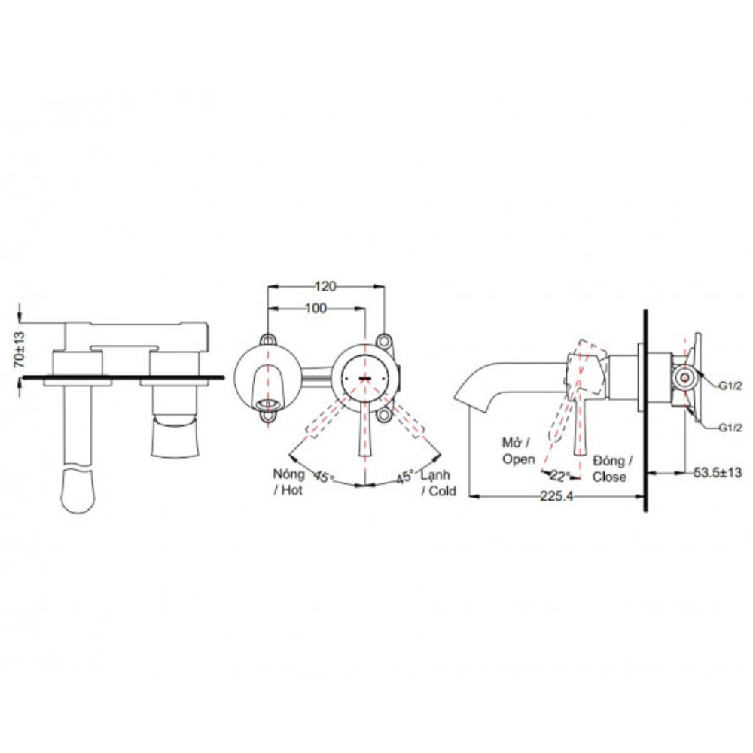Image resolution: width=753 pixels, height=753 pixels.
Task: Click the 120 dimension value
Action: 325,286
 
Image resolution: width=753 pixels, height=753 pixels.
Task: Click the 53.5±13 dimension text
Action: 718,472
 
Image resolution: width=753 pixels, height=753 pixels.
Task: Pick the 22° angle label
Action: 559,475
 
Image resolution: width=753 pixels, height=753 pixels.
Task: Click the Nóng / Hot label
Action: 289,483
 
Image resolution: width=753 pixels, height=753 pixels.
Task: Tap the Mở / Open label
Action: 519,450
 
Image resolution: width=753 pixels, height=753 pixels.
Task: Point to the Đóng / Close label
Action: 612,468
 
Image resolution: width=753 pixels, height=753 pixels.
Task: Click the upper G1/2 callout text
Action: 730,386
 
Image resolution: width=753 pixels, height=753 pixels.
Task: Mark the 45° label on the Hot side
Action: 324,477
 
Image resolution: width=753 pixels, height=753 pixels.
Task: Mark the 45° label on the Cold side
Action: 406,477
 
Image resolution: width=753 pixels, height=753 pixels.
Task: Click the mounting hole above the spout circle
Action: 267,339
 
